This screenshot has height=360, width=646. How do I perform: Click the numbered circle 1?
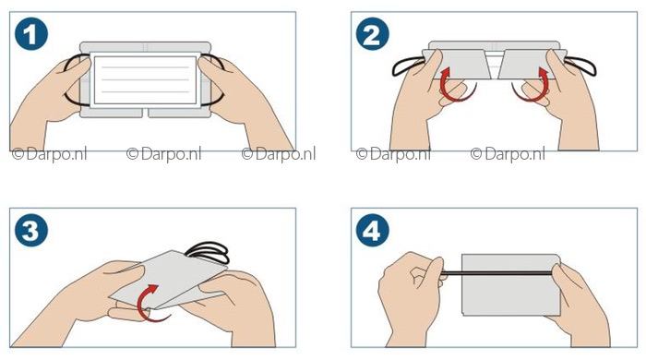[31, 34]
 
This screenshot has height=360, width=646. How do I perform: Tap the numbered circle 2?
[373, 34]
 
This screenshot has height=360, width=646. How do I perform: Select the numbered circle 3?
[31, 230]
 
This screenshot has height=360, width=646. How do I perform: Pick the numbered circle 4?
[373, 230]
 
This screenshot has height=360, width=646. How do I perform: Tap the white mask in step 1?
[146, 80]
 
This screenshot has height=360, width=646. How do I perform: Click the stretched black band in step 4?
[498, 272]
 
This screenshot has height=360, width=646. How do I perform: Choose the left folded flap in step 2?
[458, 65]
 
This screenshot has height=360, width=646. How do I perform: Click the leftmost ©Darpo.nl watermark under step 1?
[50, 154]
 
